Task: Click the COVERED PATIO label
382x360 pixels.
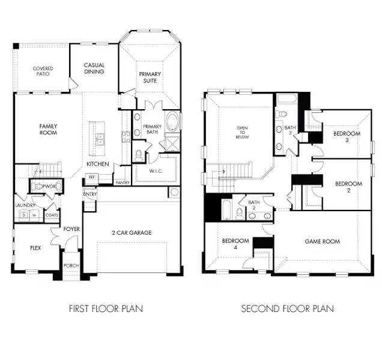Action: [43, 72]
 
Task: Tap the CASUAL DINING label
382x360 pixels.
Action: [94, 68]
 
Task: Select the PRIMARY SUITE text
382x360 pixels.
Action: [150, 78]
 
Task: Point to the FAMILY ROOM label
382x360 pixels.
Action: [48, 129]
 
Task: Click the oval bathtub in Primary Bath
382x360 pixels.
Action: [172, 123]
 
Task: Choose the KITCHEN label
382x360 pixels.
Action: [97, 164]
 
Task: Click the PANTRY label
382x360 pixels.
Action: [123, 182]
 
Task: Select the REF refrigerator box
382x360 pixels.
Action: [92, 178]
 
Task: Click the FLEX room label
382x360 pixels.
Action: [35, 247]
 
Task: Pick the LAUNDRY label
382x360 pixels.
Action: [24, 205]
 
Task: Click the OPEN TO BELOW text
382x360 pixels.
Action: [242, 133]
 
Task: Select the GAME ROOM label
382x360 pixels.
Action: [322, 241]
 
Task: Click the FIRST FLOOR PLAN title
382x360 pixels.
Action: [106, 309]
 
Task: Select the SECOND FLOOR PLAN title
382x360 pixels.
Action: [287, 309]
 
